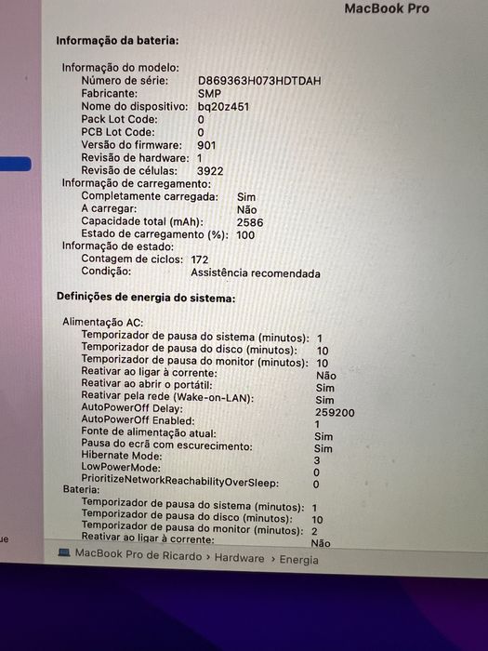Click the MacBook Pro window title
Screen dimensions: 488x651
point(387,8)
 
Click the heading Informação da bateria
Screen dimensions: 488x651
point(117,41)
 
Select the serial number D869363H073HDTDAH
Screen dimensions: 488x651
point(259,81)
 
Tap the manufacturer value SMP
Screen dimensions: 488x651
point(209,94)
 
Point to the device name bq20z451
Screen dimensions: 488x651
point(223,107)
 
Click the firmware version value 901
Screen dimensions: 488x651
point(206,145)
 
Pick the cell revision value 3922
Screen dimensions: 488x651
point(210,171)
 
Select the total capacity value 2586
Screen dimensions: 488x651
point(250,223)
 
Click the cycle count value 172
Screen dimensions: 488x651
point(199,259)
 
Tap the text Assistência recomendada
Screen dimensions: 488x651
point(255,273)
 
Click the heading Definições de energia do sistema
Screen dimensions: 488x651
point(146,298)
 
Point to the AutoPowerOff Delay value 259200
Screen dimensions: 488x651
point(335,412)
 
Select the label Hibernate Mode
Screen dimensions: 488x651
point(122,456)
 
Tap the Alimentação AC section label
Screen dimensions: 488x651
point(101,321)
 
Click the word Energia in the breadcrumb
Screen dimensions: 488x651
point(297,559)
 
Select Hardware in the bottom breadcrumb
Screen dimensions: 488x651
point(240,559)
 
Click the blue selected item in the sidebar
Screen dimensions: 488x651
point(15,164)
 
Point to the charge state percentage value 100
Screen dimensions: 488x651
point(245,235)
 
